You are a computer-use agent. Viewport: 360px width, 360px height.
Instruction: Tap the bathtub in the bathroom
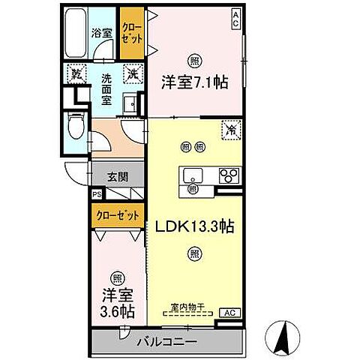[x=75, y=34]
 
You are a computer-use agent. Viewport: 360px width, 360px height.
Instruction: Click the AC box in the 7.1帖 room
[x=236, y=15]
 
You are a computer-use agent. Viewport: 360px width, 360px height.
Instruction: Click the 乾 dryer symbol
[x=76, y=73]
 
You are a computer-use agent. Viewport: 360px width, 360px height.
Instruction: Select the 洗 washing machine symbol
[x=132, y=73]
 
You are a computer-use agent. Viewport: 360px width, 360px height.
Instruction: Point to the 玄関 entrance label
[x=116, y=178]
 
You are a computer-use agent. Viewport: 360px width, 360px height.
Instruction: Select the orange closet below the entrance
[x=118, y=216]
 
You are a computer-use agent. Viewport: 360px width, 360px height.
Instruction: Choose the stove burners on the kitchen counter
[x=227, y=177]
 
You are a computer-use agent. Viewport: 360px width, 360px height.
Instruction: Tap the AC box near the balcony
[x=230, y=313]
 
